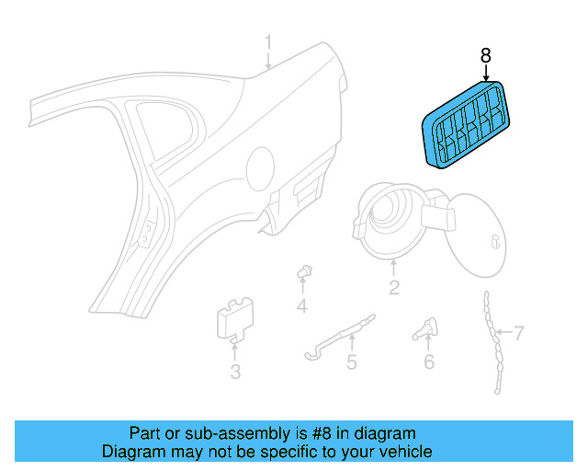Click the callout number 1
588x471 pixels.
(x=269, y=42)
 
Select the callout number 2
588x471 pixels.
(x=394, y=289)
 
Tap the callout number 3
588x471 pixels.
(x=235, y=372)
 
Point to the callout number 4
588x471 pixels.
(x=300, y=305)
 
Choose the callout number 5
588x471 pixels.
(x=351, y=362)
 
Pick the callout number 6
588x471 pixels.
(x=428, y=362)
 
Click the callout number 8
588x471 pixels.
(x=486, y=56)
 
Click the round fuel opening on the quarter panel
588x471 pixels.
(x=259, y=169)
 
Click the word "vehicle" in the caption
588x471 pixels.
(x=402, y=452)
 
